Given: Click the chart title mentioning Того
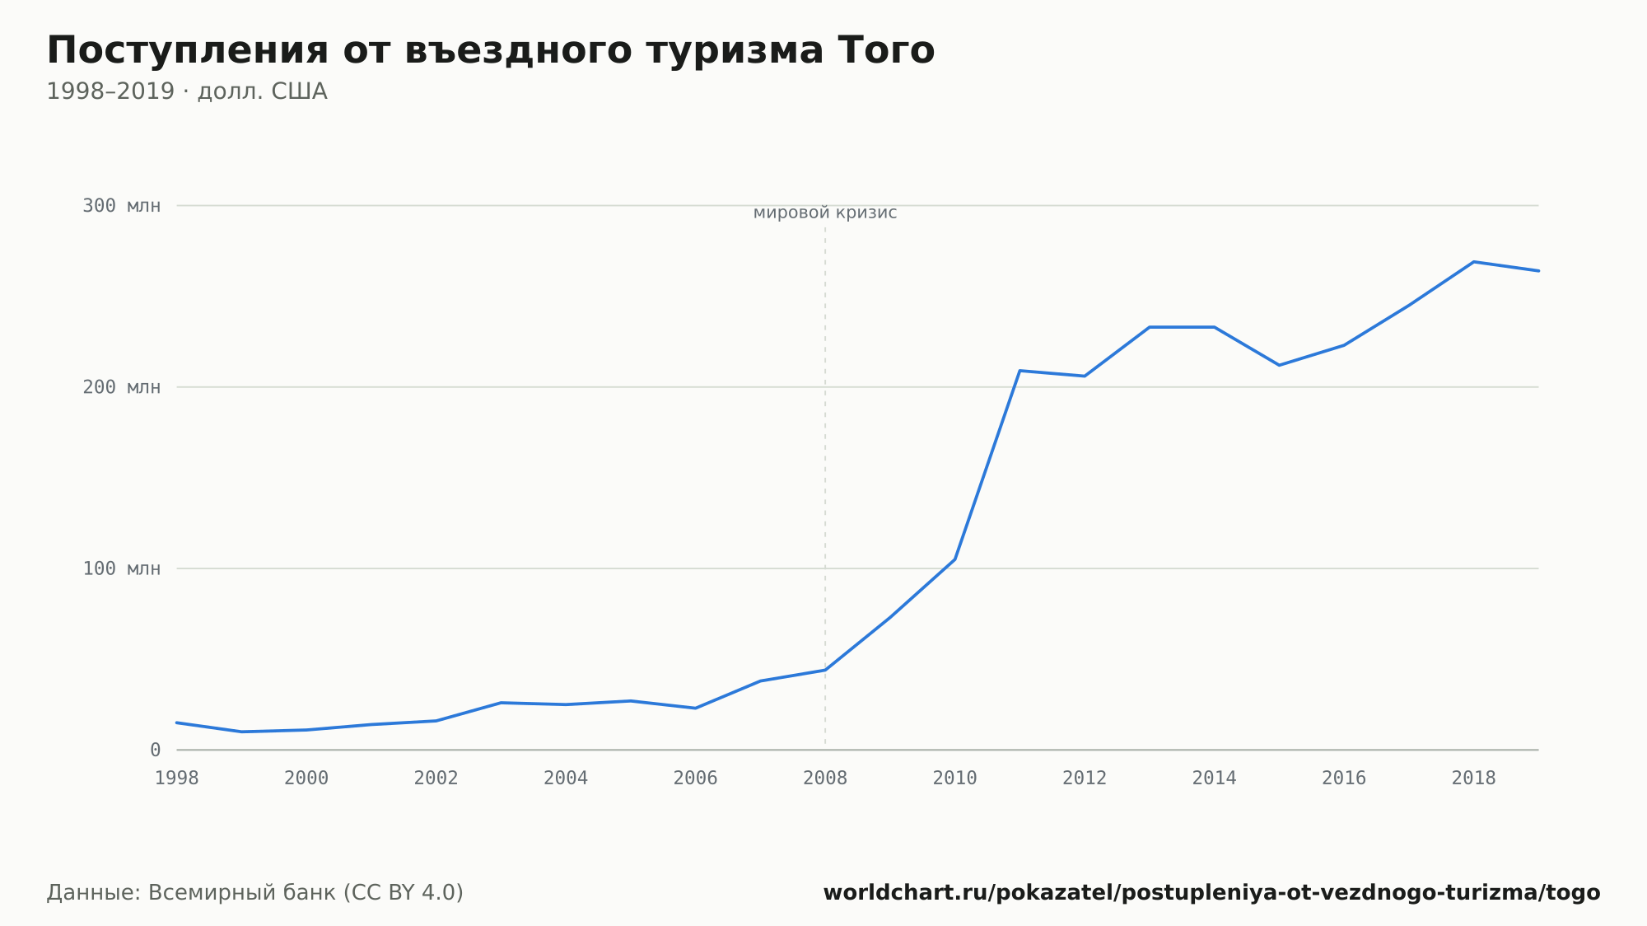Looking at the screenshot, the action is [x=491, y=51].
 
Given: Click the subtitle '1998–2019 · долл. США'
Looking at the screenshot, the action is [x=187, y=91].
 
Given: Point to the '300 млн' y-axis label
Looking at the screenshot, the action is [x=121, y=206].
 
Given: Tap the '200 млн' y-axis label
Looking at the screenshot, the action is [x=121, y=387].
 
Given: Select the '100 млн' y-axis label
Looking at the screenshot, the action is [x=121, y=568].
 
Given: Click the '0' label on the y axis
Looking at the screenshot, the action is [x=155, y=750].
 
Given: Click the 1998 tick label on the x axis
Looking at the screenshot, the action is [x=177, y=779].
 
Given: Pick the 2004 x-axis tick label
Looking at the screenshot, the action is [x=566, y=779].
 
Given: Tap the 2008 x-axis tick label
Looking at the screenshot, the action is [x=825, y=779].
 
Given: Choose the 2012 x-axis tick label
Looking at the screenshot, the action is [x=1085, y=779].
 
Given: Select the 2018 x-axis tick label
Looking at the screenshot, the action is [x=1473, y=779].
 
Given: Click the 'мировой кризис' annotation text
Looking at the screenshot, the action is [x=825, y=213].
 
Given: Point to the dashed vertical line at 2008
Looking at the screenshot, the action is [x=825, y=486].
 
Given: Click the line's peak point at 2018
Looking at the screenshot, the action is [x=1473, y=262].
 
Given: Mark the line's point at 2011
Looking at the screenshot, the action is [x=1019, y=371].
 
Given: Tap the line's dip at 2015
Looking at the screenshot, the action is [x=1279, y=365].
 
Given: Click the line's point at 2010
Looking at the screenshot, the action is [x=954, y=559].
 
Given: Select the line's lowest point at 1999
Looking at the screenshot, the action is [x=241, y=732].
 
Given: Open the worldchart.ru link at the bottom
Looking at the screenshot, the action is [x=1211, y=893].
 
